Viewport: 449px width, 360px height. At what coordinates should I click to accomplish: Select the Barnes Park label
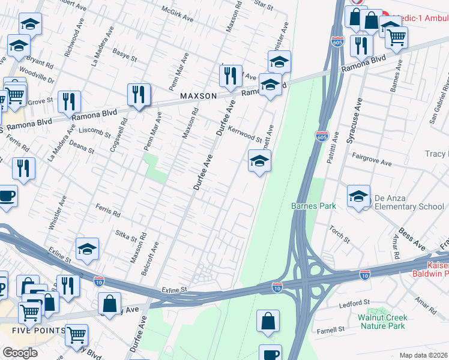313,206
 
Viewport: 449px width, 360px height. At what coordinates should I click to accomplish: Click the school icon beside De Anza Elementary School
358,196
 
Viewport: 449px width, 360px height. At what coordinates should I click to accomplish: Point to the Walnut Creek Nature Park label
382,322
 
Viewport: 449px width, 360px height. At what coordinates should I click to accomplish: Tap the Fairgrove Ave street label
372,163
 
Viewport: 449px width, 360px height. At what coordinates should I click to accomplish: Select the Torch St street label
339,233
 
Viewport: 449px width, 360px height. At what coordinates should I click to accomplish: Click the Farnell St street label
331,329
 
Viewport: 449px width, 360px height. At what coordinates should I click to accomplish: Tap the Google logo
20,353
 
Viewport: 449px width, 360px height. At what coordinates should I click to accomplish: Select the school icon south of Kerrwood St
259,161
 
